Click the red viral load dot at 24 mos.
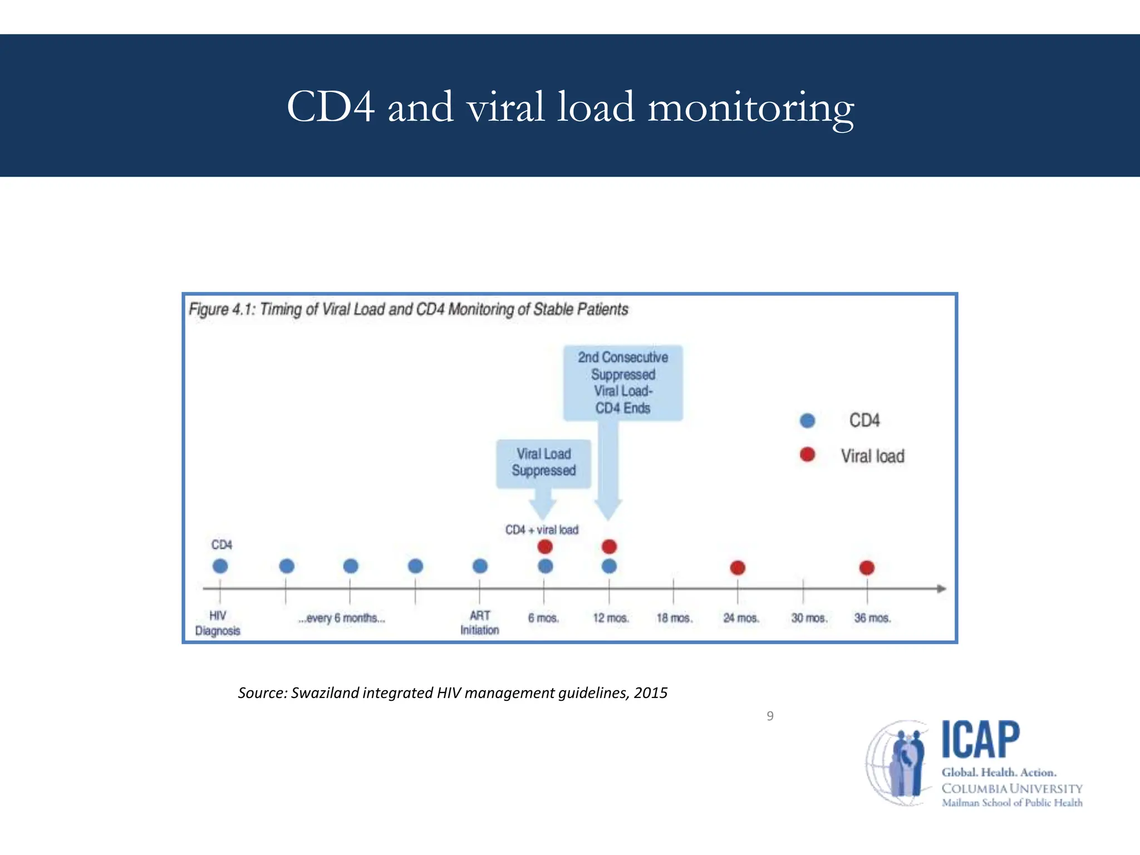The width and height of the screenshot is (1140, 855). click(738, 568)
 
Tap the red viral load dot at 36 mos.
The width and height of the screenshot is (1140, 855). click(867, 568)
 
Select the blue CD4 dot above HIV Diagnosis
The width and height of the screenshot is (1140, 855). click(220, 566)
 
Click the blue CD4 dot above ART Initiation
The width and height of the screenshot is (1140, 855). click(480, 566)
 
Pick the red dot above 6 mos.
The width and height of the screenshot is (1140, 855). click(545, 547)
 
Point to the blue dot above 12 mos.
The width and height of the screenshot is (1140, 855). click(609, 566)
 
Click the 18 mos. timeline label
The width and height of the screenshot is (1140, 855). click(674, 618)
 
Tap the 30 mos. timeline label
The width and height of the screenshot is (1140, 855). click(809, 618)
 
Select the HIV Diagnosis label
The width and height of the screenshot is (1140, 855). click(218, 623)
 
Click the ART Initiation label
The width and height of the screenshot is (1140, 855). click(479, 623)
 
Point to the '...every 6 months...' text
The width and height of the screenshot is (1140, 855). click(341, 618)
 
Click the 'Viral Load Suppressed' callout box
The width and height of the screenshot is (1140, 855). click(543, 463)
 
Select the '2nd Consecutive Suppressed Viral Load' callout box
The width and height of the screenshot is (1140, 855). click(623, 382)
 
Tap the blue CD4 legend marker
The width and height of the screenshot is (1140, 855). click(807, 420)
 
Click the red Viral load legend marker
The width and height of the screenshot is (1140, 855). click(807, 455)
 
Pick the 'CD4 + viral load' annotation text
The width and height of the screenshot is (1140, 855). click(542, 530)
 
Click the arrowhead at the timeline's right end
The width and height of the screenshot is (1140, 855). click(941, 588)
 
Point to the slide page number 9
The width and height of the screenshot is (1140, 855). click(770, 716)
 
